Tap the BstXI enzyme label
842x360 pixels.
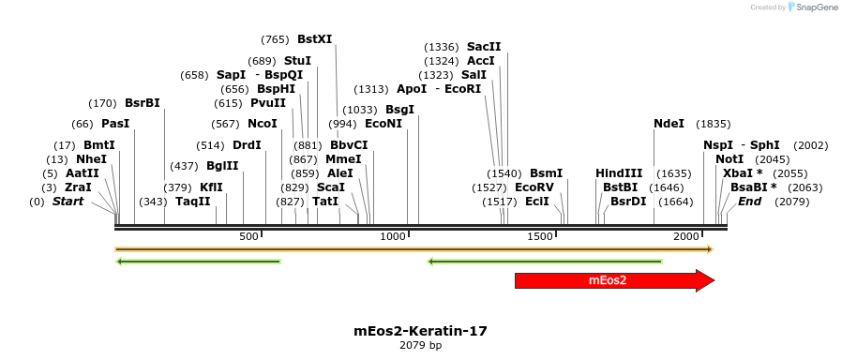click(x=314, y=39)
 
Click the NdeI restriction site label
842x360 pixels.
click(x=669, y=124)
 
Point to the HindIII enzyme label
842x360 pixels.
click(x=619, y=173)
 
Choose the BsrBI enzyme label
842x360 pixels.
click(x=143, y=103)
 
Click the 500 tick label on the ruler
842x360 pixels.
click(x=248, y=236)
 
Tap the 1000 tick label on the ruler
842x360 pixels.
click(x=393, y=236)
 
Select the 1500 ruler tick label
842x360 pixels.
click(x=540, y=236)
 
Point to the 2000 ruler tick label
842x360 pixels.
click(x=687, y=236)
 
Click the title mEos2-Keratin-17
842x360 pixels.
click(x=420, y=331)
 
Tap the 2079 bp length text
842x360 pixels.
click(x=420, y=346)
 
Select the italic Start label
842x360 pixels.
click(x=68, y=202)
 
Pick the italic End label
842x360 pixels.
click(x=750, y=202)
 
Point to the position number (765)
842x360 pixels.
click(x=275, y=39)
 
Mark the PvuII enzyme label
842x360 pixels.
click(x=268, y=103)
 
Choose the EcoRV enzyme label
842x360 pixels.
click(x=534, y=187)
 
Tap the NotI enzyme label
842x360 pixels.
click(x=729, y=159)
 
